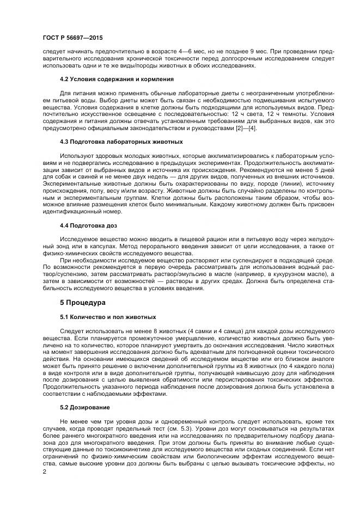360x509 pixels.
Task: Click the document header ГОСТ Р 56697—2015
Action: pyautogui.click(x=72, y=38)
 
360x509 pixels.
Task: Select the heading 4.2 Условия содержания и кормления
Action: pyautogui.click(x=117, y=79)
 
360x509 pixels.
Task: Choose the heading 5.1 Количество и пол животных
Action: pyautogui.click(x=108, y=317)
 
